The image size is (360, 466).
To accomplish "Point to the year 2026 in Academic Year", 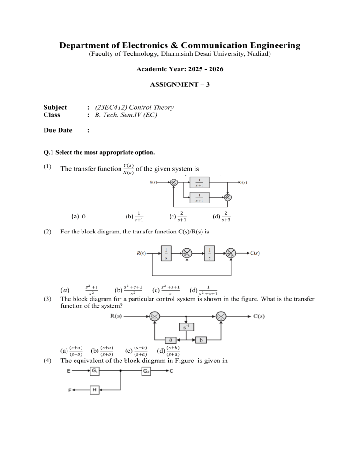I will (x=214, y=69).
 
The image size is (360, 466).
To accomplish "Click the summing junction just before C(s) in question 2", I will (x=232, y=253).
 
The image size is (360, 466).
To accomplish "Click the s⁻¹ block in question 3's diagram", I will (x=187, y=326).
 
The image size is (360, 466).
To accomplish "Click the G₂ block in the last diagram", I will (x=147, y=371).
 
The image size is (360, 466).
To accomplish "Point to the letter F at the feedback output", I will (x=69, y=391).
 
